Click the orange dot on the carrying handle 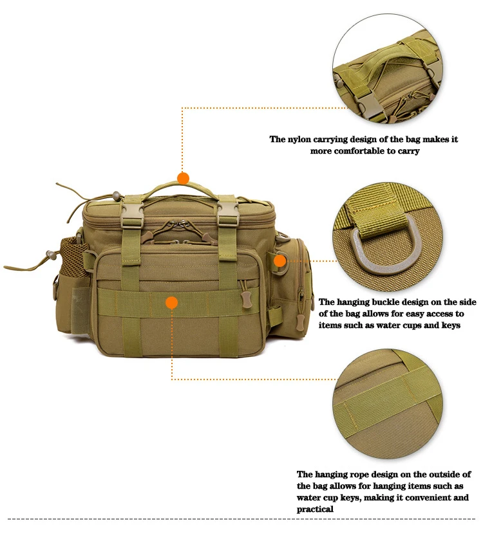183,178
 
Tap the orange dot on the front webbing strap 171,302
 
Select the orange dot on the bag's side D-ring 280,261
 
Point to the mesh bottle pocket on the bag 72,257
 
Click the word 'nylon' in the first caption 300,139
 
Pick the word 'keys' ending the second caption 451,325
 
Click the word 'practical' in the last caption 315,509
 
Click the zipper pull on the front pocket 247,298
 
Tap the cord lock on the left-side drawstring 51,255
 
